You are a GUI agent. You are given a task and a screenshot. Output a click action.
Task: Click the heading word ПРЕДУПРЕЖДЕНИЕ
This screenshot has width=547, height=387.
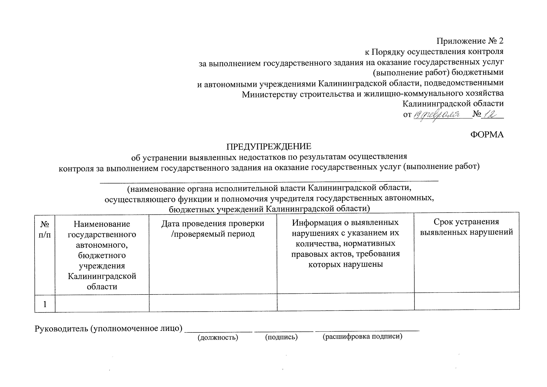pos(269,146)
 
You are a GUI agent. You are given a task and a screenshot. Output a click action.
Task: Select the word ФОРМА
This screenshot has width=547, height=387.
pos(487,134)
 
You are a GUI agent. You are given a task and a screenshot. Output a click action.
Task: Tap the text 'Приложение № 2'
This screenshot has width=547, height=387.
pos(470,41)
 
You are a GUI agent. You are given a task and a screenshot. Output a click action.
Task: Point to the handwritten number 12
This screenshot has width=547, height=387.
pos(489,114)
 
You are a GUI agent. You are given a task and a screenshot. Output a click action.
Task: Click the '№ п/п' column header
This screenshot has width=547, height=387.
pos(45,229)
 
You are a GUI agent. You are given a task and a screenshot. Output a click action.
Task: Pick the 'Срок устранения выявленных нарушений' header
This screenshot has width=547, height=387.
pos(466,227)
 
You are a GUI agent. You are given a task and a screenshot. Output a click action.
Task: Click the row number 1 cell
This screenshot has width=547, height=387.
pos(45,304)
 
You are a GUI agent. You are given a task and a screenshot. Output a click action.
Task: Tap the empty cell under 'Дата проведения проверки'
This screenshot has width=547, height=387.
pos(213,303)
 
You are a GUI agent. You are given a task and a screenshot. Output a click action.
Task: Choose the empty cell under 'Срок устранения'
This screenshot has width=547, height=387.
pos(466,301)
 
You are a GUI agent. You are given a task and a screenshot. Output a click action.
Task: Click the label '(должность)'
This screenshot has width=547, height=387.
pos(218,338)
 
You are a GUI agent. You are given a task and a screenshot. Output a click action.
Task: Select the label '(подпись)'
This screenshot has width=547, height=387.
pos(281,337)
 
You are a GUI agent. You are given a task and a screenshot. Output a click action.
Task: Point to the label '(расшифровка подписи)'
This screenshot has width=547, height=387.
pos(363,337)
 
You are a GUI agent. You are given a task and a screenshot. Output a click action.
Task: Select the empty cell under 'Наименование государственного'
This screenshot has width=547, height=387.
pos(102,303)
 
